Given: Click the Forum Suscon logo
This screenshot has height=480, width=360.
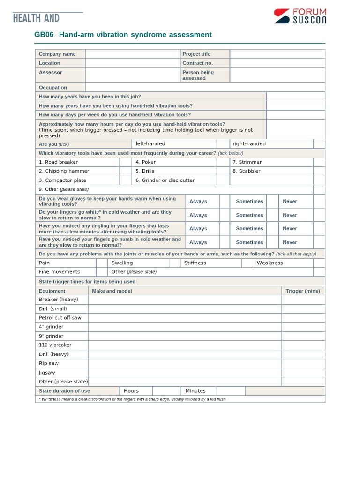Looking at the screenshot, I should pos(300,16).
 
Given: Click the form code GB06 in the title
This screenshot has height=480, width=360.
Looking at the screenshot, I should pos(44,35).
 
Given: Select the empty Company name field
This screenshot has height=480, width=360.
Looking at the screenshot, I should pos(132,54).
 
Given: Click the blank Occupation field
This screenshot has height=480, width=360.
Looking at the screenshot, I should pos(205,87).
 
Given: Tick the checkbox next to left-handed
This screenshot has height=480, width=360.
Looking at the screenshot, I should pos(222,144).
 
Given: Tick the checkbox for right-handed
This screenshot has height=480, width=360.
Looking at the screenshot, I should pos(319,144).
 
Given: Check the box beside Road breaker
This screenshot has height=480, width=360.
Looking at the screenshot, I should pos(125,162).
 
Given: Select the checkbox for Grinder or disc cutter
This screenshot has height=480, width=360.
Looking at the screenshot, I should pos(222,180).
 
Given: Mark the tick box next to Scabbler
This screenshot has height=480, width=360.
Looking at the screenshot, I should pos(319,171).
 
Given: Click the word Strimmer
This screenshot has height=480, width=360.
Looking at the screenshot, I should pos(247,162).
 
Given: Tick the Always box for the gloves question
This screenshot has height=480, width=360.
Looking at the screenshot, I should pos(225,201).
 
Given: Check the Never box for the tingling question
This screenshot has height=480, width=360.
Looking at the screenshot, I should pos(319,228).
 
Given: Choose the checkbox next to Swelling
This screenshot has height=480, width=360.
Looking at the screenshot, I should pos(174,263).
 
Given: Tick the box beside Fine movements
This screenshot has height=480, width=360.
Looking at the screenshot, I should pos(102,272).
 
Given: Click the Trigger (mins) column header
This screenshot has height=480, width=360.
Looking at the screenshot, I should pos(303,291).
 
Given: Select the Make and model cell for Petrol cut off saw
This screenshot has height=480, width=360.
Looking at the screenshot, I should pos(185,318).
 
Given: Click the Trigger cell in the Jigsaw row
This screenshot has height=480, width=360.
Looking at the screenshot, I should pos(303,373).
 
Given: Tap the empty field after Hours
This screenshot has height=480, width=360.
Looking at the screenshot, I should pos(166,391).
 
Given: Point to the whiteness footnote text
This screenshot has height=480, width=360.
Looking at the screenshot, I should pos(132,399).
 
